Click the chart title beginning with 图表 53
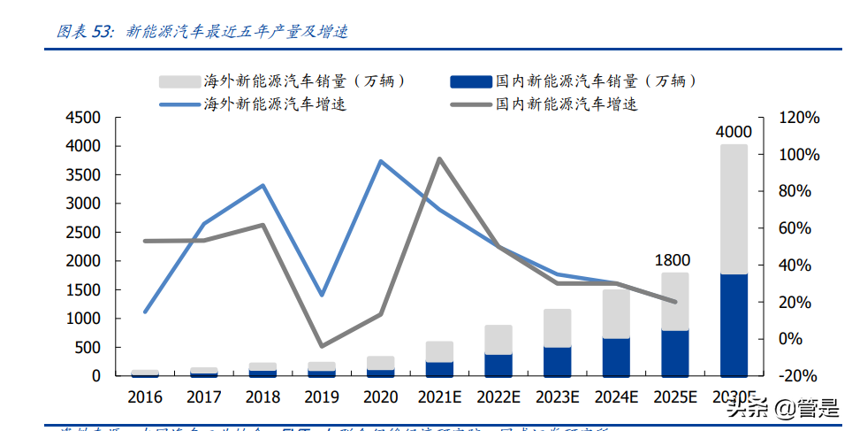[x=202, y=31]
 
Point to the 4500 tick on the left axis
[x=84, y=118]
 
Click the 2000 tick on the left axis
[x=84, y=261]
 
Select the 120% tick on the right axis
[x=800, y=118]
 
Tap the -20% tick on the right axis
[x=800, y=375]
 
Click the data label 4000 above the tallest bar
[x=734, y=132]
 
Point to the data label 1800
[x=673, y=260]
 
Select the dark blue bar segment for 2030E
[x=733, y=324]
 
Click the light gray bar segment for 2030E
[x=733, y=209]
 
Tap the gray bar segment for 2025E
[x=675, y=301]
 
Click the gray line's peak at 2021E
[x=439, y=159]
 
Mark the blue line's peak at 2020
[x=380, y=161]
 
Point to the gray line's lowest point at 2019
[x=322, y=346]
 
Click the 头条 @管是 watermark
[x=781, y=408]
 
